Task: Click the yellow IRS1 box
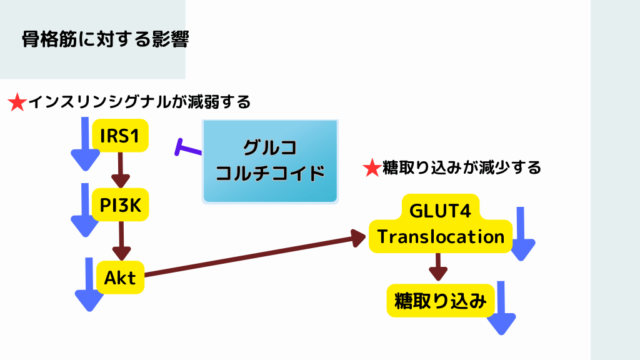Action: [120, 135]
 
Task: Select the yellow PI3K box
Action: [120, 204]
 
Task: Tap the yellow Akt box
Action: [121, 277]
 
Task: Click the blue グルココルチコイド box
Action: [270, 161]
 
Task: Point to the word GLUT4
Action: [440, 210]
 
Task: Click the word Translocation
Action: [441, 237]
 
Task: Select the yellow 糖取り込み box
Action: [441, 301]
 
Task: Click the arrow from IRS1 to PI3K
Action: [119, 169]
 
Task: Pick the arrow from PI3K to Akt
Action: [121, 240]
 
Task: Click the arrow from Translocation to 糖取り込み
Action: [439, 267]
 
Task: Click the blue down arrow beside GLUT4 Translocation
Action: [522, 234]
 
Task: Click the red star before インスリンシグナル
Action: [17, 102]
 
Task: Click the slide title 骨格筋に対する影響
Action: [105, 39]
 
